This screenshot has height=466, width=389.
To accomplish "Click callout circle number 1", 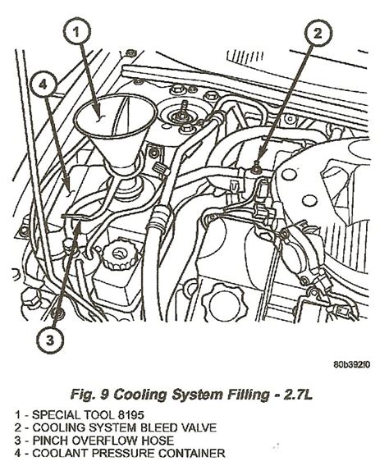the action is coord(77,32).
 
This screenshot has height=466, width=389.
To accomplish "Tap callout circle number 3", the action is coord(50,340).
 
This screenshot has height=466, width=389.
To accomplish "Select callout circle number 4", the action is coord(43,85).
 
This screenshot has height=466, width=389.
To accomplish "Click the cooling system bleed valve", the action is coord(254,169).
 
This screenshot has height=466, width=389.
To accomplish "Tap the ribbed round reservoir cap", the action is coord(121,254).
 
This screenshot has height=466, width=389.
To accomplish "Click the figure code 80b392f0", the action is coord(352,364).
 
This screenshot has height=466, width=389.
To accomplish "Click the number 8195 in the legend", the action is coord(131,415).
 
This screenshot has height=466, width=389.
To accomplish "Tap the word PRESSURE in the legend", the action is coord(123,454).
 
